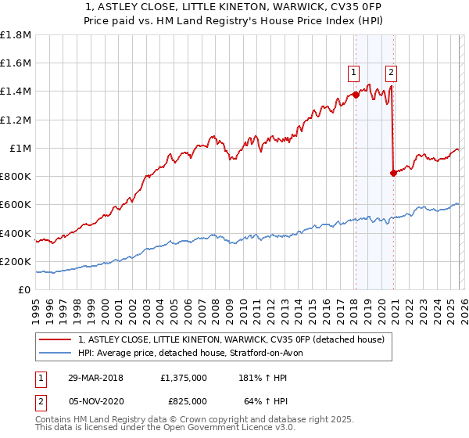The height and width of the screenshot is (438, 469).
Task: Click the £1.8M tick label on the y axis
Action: point(16,35)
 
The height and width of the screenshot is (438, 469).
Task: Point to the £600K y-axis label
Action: point(16,205)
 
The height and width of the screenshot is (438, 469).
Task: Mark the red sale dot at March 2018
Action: point(356,95)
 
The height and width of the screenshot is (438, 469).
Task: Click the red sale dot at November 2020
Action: point(393,173)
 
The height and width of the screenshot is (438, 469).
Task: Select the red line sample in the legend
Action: point(56,340)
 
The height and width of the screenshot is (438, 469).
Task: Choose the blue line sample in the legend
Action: point(56,354)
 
